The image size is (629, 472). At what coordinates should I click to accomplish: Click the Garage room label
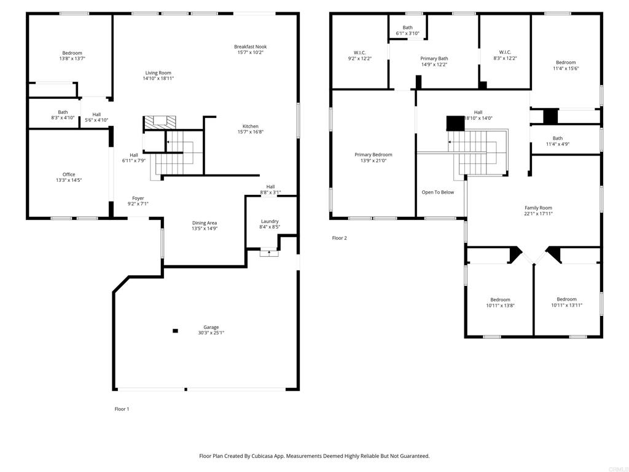pos(211,327)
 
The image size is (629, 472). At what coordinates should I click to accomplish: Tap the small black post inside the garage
pos(175,331)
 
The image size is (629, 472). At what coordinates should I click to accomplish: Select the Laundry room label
pos(270,221)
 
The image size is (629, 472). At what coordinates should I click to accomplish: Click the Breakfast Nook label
pos(251,47)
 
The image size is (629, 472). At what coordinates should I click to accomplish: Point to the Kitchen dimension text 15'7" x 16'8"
pos(251,132)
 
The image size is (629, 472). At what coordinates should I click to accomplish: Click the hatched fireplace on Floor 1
pos(160,122)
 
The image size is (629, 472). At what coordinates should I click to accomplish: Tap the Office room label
pos(69,175)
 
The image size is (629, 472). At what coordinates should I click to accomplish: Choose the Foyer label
pos(138,199)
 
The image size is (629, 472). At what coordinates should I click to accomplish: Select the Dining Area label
pos(205,222)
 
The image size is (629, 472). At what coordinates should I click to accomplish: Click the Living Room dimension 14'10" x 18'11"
pos(158,78)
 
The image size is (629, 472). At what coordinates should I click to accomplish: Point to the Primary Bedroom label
pos(373,154)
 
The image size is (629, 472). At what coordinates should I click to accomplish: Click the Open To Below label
pos(437,192)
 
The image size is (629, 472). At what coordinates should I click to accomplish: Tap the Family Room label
pos(538,208)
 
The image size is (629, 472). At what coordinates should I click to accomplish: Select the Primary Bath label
pos(434,58)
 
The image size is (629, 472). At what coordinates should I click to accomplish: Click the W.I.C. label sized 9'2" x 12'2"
pos(359,53)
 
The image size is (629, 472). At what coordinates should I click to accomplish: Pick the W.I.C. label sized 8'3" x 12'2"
pos(505,52)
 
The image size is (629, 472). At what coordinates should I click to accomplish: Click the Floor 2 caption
pos(339,238)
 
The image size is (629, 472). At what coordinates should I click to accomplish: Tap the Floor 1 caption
pos(122,409)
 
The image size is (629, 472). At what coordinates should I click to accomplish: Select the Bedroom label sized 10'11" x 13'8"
pos(500,300)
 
